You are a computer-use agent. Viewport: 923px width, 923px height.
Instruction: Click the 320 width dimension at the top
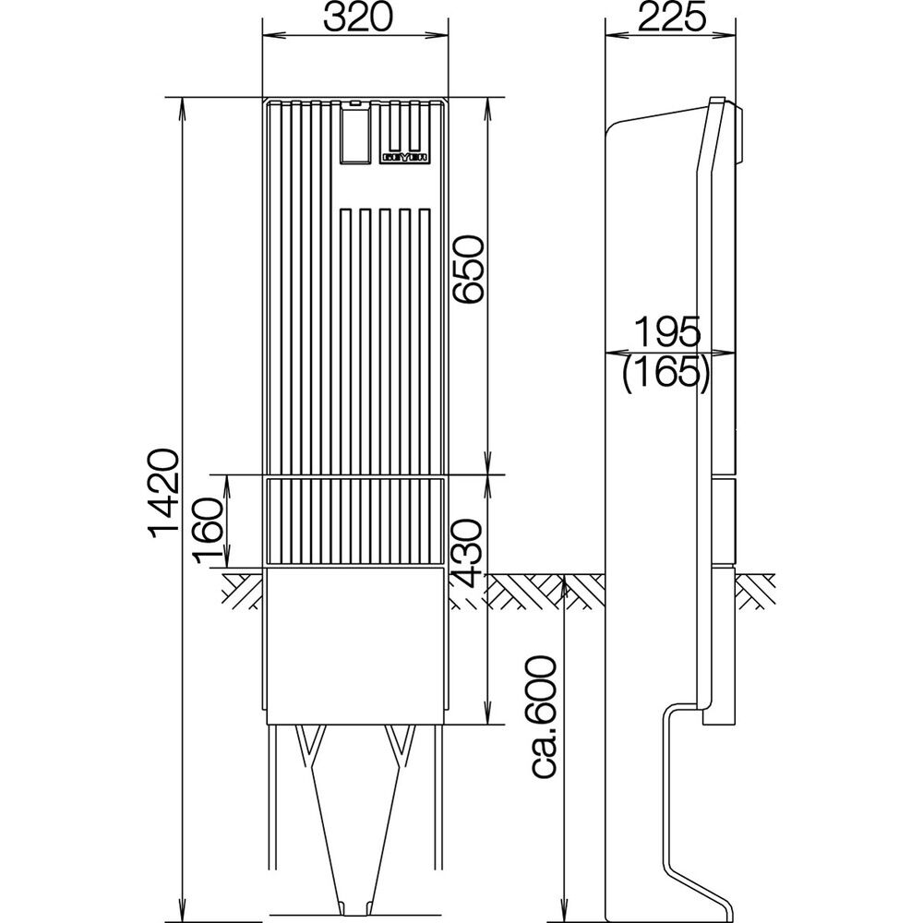[x=356, y=18]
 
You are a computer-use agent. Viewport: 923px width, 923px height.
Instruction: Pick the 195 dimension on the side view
[x=667, y=330]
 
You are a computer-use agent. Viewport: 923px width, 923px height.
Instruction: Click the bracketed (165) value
[x=666, y=373]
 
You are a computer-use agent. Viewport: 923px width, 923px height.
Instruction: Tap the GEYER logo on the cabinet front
[x=402, y=158]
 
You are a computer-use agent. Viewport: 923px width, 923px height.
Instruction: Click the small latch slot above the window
[x=356, y=101]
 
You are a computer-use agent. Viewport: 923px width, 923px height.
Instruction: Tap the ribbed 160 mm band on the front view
[x=356, y=521]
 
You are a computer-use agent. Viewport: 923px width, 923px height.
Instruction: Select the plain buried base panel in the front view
[x=356, y=646]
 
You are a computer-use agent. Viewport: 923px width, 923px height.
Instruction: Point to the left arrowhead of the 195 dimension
[x=609, y=352]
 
